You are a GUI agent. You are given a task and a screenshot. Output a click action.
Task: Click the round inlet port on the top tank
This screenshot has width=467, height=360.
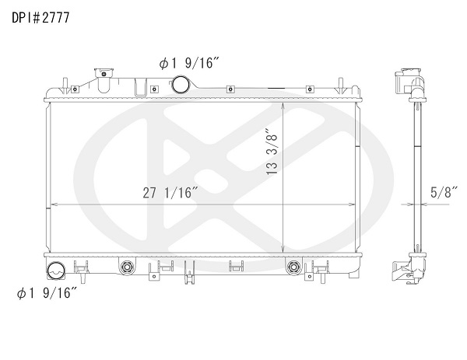[181, 84]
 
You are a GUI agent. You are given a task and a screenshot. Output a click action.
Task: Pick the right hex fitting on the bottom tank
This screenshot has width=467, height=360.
[293, 267]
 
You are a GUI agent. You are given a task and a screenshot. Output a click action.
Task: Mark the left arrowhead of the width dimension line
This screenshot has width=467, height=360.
[53, 205]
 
